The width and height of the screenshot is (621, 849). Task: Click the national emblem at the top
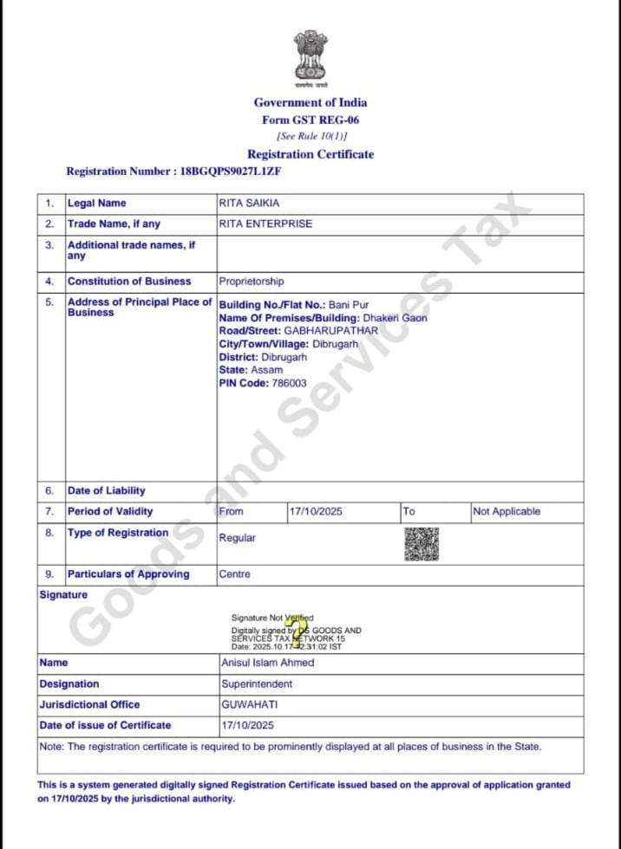click(310, 58)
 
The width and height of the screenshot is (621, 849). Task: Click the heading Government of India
click(310, 102)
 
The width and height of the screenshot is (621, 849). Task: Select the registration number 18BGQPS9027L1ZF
click(231, 172)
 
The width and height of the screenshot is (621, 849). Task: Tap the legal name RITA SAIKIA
click(250, 204)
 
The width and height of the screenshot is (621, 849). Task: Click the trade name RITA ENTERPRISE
click(265, 224)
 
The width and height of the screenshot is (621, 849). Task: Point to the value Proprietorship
click(252, 282)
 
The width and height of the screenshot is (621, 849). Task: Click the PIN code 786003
click(287, 383)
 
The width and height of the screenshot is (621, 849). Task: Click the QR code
click(422, 543)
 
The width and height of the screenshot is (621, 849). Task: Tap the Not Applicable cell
click(507, 512)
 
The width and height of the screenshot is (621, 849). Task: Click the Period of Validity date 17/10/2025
click(316, 512)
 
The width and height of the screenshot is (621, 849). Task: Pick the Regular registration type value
click(238, 538)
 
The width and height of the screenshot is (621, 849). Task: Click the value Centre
click(235, 574)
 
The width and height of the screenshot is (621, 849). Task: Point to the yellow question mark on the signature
click(297, 630)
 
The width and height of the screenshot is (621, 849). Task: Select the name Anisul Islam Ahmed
click(268, 663)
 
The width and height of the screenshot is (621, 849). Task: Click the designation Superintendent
click(257, 684)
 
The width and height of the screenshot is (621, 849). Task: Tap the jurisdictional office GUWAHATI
click(249, 704)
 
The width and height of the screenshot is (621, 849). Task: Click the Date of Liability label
click(106, 491)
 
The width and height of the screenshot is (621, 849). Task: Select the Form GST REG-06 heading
click(310, 120)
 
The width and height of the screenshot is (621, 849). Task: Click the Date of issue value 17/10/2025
click(248, 725)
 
